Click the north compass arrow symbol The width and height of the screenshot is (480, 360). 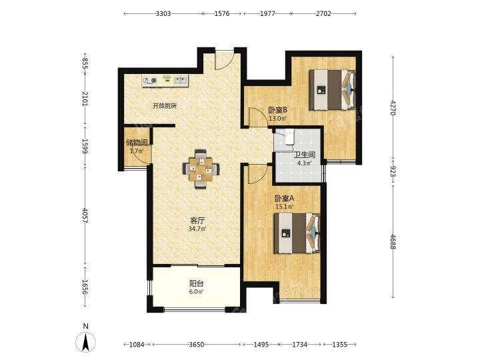coord(85,341)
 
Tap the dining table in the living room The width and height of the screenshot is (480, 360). coord(201,169)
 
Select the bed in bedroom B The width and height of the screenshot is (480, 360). coord(332,90)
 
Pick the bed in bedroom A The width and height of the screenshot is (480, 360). coord(297,233)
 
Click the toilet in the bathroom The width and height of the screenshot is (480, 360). coord(289,137)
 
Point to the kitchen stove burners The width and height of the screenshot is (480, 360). coord(150,81)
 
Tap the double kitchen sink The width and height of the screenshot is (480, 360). coord(181,80)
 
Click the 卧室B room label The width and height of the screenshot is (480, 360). coord(277,110)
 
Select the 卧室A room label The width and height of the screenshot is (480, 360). coord(285,199)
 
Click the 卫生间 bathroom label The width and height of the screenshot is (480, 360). coord(305,155)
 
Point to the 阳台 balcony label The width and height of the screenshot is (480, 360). coord(197,283)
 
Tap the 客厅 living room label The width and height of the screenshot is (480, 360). coord(197,221)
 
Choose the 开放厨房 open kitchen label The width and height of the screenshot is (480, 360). coord(165,106)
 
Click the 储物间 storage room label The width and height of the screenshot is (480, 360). coord(137,143)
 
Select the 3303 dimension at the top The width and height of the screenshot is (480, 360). coord(163,13)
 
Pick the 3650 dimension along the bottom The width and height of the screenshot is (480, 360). coord(196,345)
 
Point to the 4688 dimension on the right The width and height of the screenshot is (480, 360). coord(393,242)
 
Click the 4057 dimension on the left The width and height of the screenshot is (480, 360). coord(85,216)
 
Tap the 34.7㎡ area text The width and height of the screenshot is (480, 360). coord(197,229)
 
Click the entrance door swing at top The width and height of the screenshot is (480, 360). coord(225,60)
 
